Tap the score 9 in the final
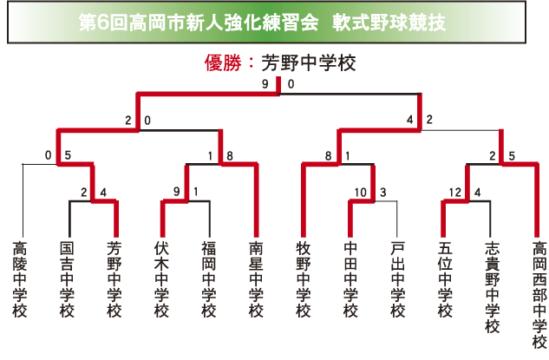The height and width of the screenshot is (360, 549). click(265, 85)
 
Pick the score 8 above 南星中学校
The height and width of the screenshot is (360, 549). click(229, 157)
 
